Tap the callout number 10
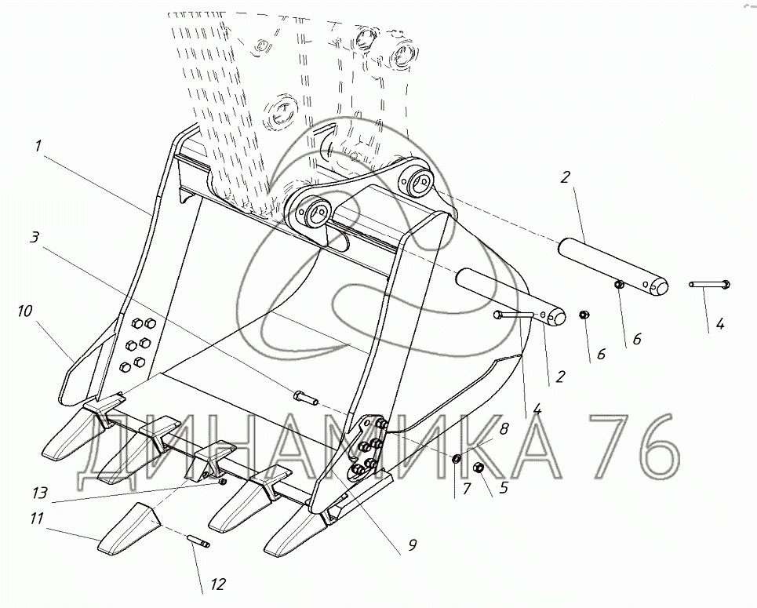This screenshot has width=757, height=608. (24, 312)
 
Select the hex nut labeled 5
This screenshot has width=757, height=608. (479, 468)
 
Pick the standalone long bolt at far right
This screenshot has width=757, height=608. (710, 285)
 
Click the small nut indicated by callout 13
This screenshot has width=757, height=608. (222, 481)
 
